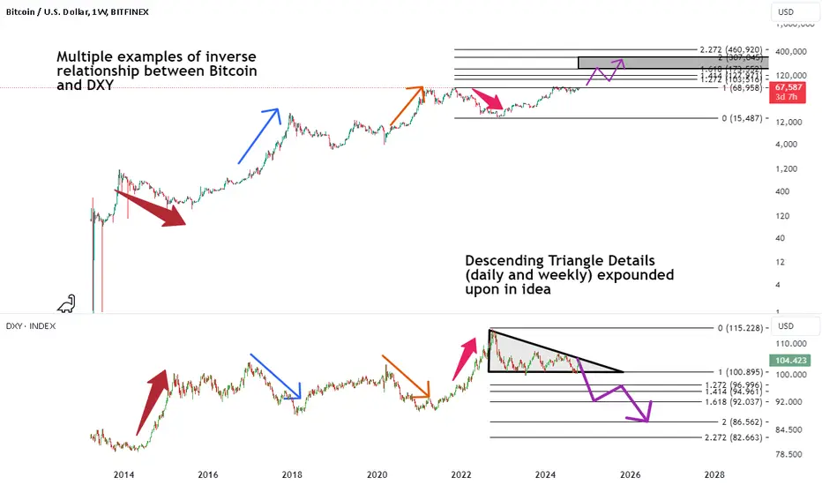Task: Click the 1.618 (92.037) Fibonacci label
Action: coord(727,401)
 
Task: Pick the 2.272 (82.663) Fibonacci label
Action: coord(727,437)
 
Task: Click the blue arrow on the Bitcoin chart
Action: coord(259,136)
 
